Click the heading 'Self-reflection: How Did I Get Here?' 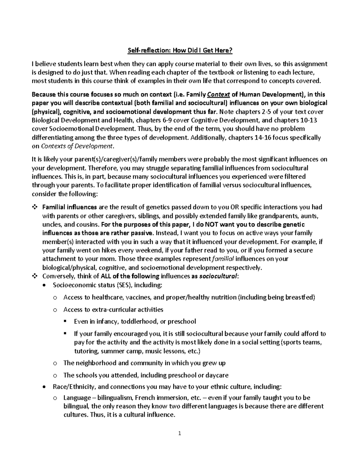180,51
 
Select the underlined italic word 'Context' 219,95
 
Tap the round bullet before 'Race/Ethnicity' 45,387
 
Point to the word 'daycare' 217,375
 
